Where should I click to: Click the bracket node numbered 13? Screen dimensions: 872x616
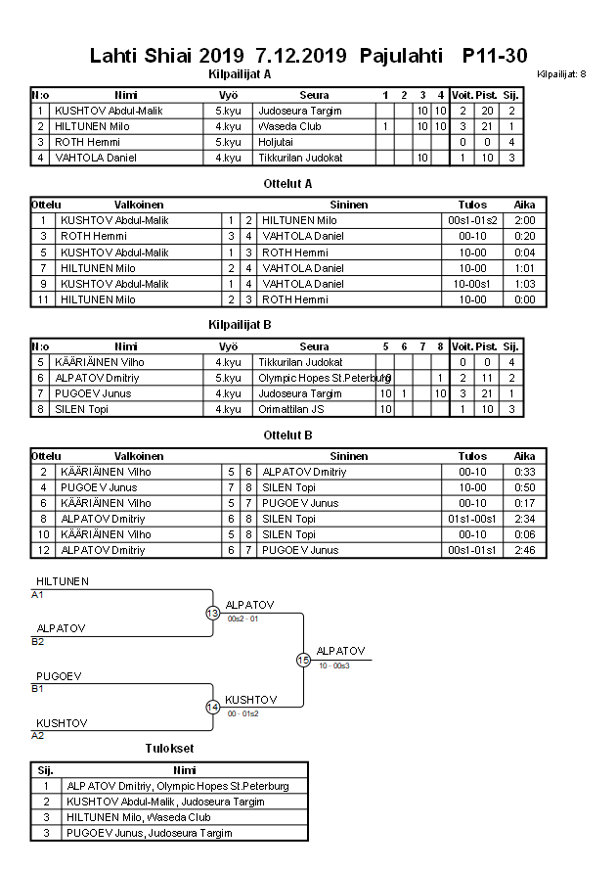212,613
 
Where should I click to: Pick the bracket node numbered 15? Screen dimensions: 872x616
303,660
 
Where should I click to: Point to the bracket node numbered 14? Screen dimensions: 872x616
212,707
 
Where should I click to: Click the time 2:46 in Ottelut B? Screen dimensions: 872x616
524,550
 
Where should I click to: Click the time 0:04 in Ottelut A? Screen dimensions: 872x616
524,252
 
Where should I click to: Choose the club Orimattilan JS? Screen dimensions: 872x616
290,409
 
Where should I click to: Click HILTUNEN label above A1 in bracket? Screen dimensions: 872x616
62,581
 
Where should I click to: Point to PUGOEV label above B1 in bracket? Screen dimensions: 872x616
59,676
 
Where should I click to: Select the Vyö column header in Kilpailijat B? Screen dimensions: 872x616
227,346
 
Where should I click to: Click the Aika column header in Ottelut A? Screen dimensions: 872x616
524,205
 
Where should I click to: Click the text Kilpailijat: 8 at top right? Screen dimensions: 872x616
561,74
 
